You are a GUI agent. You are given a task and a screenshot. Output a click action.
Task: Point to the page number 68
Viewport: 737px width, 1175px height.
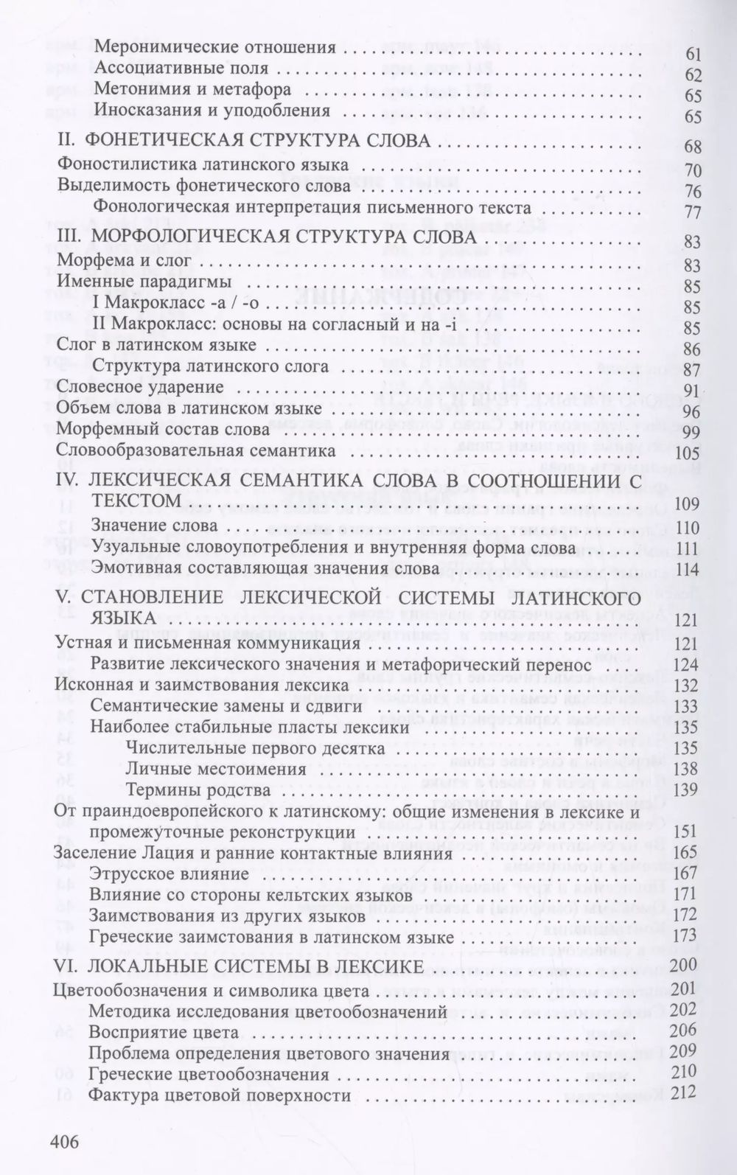692,146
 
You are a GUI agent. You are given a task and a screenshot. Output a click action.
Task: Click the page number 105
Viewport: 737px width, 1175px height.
687,453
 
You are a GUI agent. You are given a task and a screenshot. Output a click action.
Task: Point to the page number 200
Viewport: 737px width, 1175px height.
685,966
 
